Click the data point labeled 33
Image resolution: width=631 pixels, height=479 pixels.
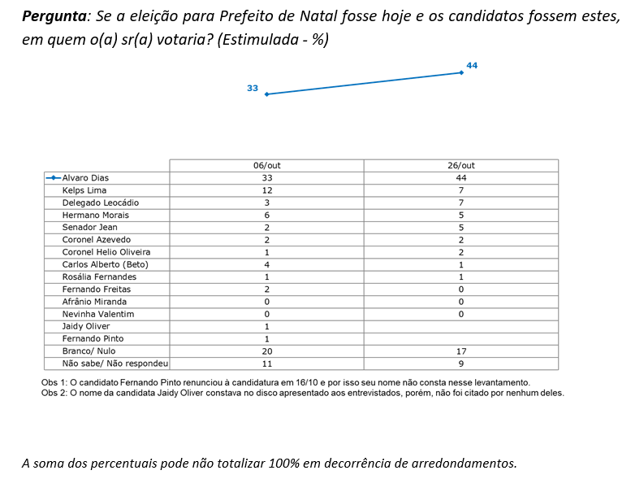click(266, 94)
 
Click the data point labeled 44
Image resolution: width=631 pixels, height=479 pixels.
click(461, 72)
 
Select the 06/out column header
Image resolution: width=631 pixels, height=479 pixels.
click(266, 165)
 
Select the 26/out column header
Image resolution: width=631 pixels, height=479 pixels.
click(461, 165)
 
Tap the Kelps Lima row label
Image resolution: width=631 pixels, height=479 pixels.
click(84, 190)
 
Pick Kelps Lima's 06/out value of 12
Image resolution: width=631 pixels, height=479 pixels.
click(266, 190)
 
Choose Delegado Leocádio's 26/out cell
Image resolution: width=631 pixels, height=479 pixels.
click(461, 202)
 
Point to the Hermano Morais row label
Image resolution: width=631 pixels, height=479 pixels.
click(96, 215)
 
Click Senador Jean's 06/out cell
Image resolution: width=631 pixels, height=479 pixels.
click(266, 227)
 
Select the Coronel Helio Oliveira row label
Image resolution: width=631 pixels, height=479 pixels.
click(106, 252)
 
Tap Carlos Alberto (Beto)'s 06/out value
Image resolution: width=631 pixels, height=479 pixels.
click(266, 264)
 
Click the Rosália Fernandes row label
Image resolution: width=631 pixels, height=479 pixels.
click(99, 277)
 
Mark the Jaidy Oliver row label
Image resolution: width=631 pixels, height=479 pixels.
click(86, 326)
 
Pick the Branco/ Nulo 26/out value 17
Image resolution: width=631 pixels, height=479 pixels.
click(461, 351)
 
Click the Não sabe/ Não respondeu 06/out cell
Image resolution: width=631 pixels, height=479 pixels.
click(266, 364)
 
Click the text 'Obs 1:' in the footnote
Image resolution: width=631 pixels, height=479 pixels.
click(54, 381)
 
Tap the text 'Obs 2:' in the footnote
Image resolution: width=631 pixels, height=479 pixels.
click(54, 392)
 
